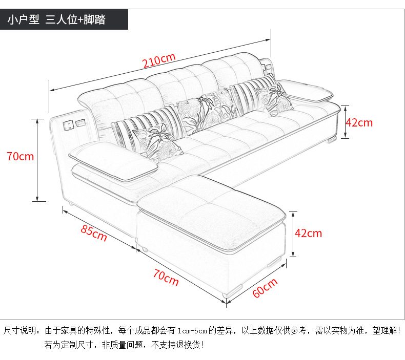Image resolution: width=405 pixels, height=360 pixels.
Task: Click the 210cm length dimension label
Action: click(x=159, y=61)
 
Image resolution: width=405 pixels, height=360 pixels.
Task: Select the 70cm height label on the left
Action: click(x=21, y=156)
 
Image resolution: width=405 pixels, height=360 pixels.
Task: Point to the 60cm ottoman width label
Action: click(x=265, y=288)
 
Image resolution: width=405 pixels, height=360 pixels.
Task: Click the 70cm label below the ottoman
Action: click(x=166, y=277)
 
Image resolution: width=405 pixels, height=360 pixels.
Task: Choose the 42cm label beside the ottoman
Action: click(x=308, y=233)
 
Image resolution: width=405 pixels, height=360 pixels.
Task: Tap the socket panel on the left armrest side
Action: click(x=73, y=124)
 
